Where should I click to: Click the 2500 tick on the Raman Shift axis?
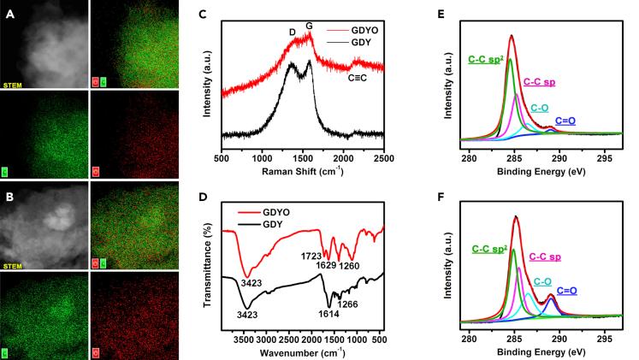click(384, 158)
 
